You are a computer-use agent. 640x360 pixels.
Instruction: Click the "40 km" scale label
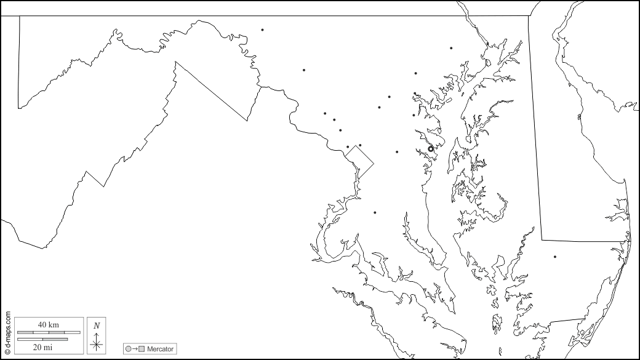click(48, 324)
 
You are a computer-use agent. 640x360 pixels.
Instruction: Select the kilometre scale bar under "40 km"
click(48, 332)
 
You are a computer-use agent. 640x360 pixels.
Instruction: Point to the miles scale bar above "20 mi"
click(42, 339)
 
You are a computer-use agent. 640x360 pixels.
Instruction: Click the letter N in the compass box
click(97, 326)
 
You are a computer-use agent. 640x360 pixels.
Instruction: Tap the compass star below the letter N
click(97, 343)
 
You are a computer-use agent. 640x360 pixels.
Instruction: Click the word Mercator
click(161, 349)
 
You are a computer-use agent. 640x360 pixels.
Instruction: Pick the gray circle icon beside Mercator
click(128, 350)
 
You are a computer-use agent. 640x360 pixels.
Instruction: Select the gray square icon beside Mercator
click(142, 350)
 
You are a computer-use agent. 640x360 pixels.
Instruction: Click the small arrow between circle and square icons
click(135, 350)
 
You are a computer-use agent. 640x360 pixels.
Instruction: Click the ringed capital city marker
click(431, 148)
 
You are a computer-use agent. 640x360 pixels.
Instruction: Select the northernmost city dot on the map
click(262, 30)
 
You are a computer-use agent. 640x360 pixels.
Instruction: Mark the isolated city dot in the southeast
click(554, 257)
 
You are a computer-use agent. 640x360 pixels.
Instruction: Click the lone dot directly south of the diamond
click(375, 212)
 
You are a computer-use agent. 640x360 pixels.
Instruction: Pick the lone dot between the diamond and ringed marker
click(397, 151)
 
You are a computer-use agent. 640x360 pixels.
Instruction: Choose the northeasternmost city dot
click(451, 47)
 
